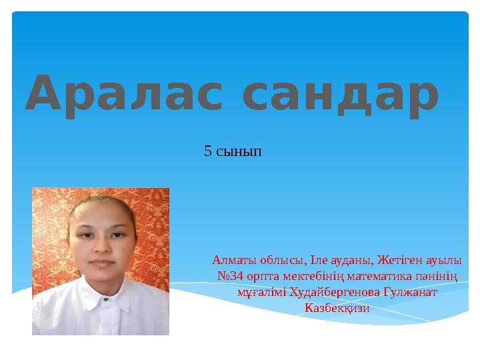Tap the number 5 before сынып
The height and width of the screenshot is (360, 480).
pos(207,152)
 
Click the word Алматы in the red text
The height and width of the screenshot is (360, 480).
pos(230,259)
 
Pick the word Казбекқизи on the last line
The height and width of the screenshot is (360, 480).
pos(336,308)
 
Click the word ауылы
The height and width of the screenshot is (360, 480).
pos(445,259)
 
